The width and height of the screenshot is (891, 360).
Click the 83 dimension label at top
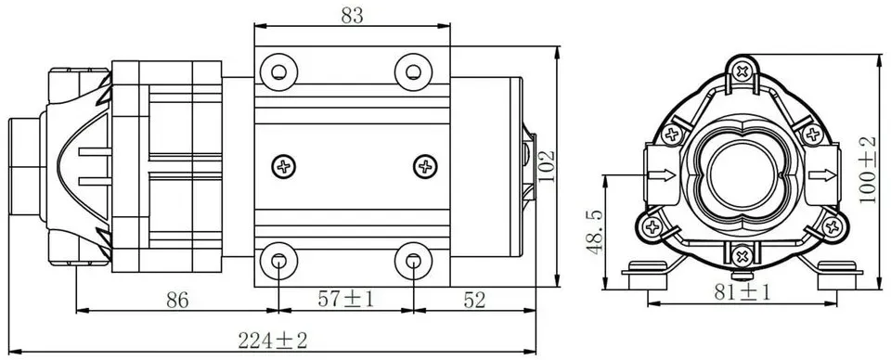tap(353, 16)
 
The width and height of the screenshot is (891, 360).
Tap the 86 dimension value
tap(177, 300)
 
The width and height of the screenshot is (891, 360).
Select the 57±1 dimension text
tap(346, 300)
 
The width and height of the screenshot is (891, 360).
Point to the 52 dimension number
tap(474, 300)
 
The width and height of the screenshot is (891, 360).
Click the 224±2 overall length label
tap(273, 341)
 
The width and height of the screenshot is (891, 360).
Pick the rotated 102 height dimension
tap(547, 166)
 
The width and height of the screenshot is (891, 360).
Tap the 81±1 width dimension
tap(742, 292)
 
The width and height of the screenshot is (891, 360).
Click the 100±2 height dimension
tap(867, 169)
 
